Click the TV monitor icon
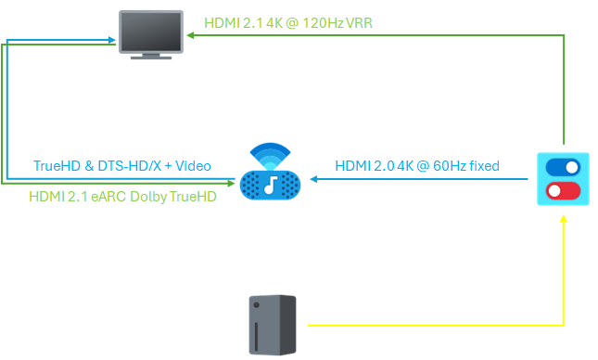click(151, 34)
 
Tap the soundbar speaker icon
click(270, 172)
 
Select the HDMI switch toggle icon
click(563, 179)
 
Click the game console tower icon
click(273, 325)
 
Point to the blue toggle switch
click(563, 167)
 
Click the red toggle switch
click(563, 191)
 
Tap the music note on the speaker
click(271, 186)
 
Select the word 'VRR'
click(359, 23)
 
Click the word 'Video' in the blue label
click(193, 166)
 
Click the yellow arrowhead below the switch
click(564, 218)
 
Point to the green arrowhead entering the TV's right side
click(190, 35)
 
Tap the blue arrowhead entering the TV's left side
click(112, 40)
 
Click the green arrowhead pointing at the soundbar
click(231, 183)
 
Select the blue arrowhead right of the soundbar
click(314, 179)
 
